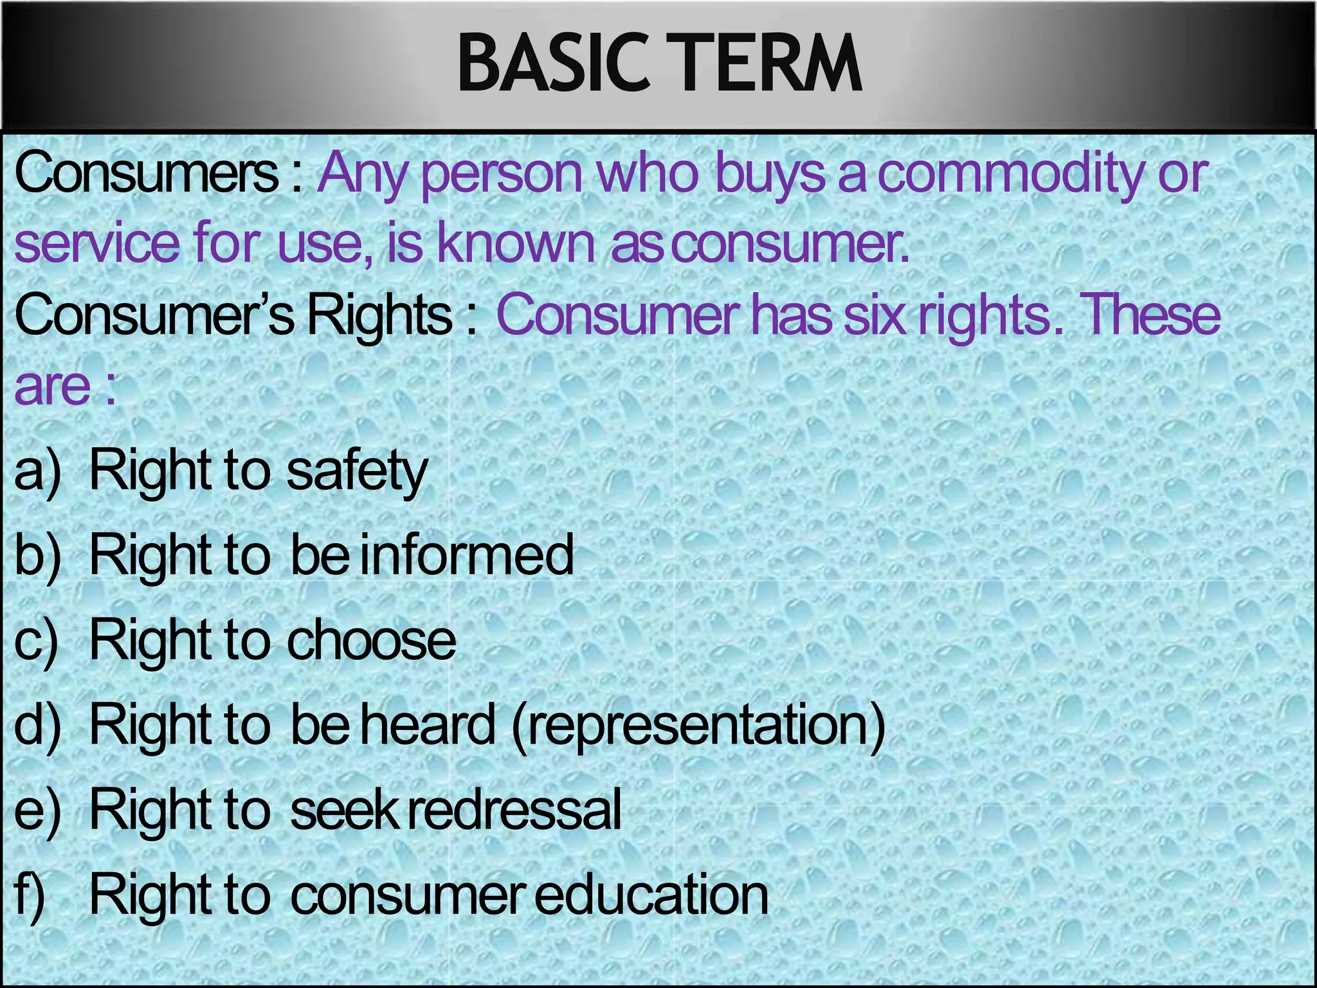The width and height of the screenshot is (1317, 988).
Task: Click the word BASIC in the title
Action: [553, 64]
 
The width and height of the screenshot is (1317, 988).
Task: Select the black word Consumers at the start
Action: [147, 174]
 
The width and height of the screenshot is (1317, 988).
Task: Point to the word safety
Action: [357, 471]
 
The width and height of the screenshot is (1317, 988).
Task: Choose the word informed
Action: [466, 554]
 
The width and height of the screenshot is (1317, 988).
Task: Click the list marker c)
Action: [37, 640]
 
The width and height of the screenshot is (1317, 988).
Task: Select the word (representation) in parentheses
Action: [699, 726]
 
